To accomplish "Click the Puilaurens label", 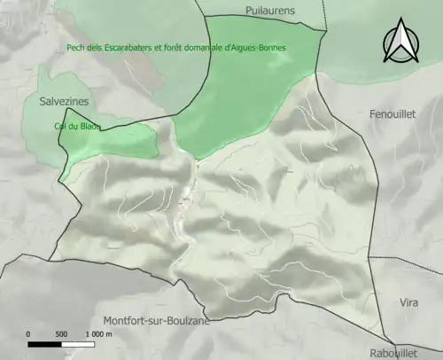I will tap(270, 11).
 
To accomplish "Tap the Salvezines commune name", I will tap(64, 102).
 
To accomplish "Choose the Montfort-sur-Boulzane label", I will tap(156, 320).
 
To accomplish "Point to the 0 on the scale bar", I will tap(28, 334).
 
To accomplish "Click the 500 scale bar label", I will tap(61, 334).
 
